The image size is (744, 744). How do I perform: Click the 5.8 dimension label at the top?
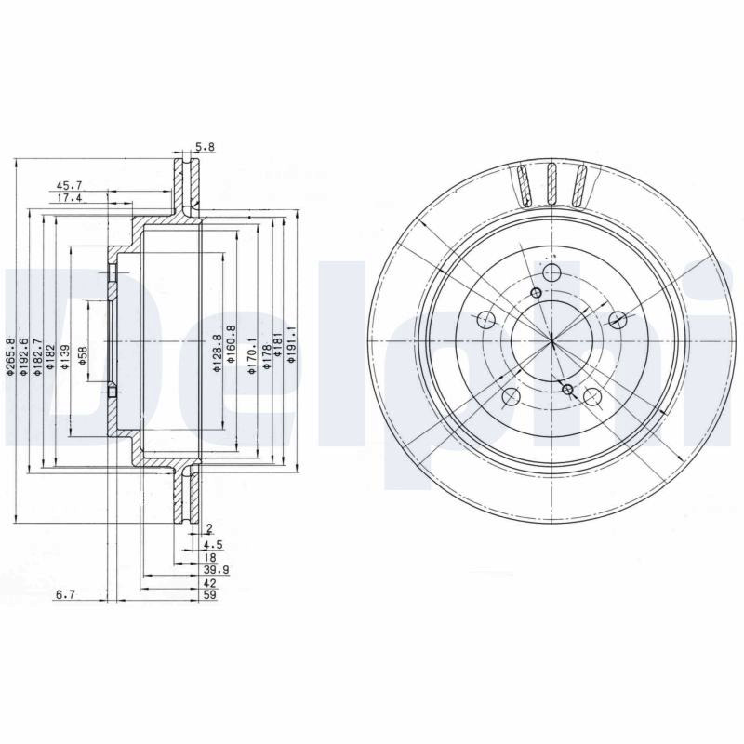(205, 147)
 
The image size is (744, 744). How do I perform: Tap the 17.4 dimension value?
(69, 198)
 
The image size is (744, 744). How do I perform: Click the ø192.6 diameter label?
(24, 357)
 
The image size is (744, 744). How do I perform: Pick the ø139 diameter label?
(65, 357)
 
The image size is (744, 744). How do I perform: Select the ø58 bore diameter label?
(83, 356)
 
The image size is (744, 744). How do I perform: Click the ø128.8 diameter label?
(217, 352)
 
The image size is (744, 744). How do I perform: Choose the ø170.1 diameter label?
(252, 355)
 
